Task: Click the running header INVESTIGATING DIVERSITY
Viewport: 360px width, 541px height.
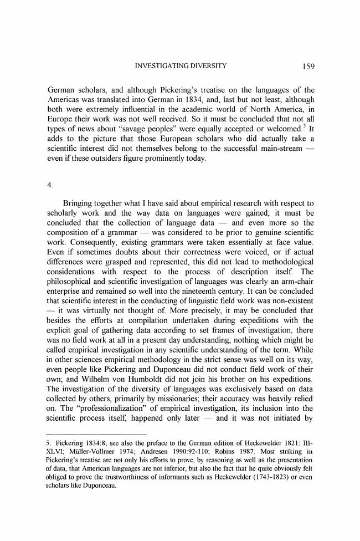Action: pos(181,68)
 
